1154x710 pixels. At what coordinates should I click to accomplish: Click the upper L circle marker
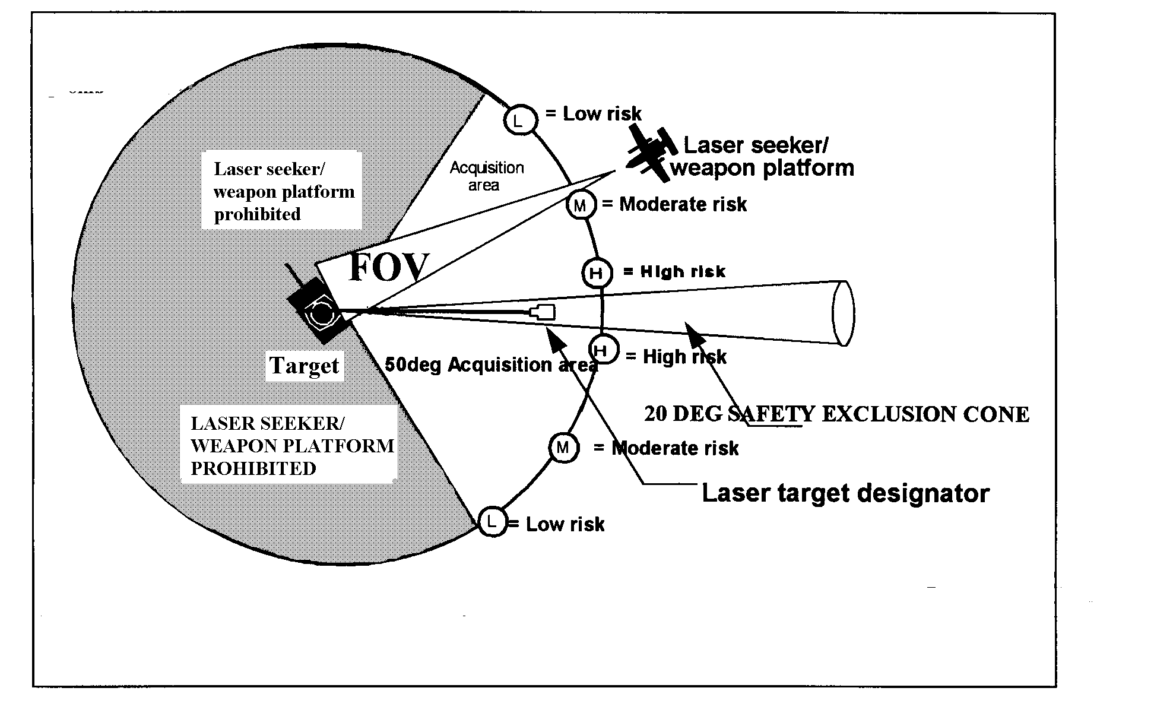(520, 121)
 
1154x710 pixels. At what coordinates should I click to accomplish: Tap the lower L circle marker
(492, 522)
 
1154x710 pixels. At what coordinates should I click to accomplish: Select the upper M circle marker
(580, 205)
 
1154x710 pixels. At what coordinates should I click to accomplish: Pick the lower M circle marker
(563, 447)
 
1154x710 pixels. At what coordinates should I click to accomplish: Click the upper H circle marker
(597, 273)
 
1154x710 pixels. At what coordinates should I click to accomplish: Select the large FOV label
(389, 267)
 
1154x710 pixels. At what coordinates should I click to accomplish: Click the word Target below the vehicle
(304, 366)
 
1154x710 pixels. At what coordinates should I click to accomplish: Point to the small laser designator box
(544, 312)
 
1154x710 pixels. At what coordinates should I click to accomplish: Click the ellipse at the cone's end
(843, 313)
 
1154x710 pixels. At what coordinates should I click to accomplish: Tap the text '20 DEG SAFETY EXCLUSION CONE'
(836, 414)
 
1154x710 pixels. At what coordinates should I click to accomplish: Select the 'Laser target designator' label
(845, 493)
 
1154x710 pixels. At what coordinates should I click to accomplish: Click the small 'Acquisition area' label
(486, 176)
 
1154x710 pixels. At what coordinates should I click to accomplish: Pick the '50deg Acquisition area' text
(490, 364)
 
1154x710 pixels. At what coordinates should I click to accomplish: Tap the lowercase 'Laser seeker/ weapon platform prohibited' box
(283, 191)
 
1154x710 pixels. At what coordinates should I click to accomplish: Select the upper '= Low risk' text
(594, 113)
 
